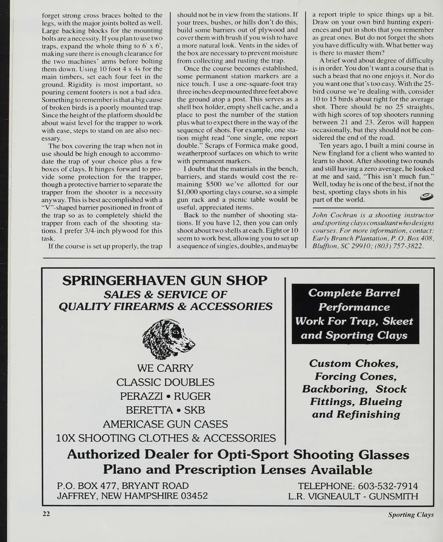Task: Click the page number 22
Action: (x=46, y=514)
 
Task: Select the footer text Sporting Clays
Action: (x=411, y=515)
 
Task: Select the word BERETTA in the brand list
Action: (x=149, y=410)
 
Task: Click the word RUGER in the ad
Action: (x=192, y=396)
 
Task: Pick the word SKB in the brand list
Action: (x=194, y=410)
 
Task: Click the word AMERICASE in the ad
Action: (x=133, y=424)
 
